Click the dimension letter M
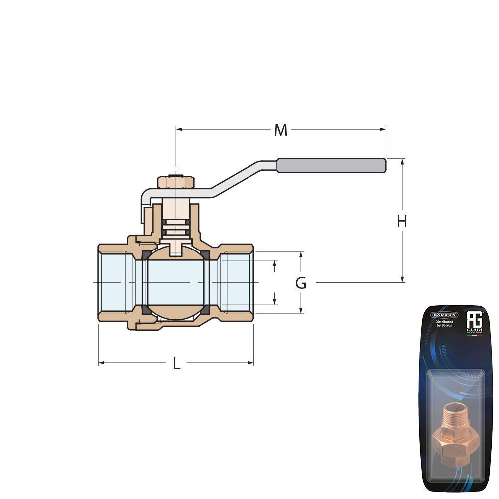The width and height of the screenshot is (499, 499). [281, 130]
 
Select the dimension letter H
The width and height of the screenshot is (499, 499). [402, 221]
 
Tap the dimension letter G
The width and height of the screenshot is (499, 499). [301, 283]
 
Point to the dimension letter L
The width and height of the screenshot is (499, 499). [176, 364]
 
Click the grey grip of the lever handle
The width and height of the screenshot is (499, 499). [331, 165]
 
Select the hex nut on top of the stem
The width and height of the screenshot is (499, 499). [175, 182]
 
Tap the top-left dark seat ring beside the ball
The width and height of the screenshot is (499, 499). [146, 256]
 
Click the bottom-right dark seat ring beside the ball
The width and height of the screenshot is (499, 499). [205, 309]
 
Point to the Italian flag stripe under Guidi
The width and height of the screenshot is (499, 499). [474, 335]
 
